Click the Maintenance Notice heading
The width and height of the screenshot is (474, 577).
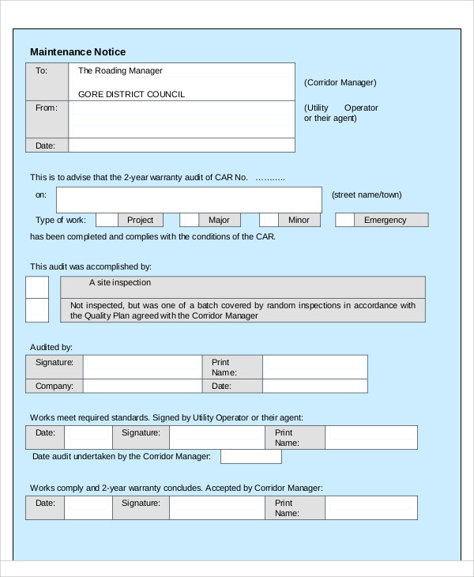[x=77, y=52]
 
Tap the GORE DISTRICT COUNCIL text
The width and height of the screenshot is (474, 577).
[x=131, y=94]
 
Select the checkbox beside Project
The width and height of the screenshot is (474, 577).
[x=107, y=220]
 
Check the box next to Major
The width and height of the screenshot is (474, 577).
[x=189, y=220]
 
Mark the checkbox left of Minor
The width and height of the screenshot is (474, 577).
[x=269, y=220]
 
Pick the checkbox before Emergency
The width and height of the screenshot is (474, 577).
[x=344, y=220]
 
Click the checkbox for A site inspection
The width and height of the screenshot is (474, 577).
[x=37, y=287]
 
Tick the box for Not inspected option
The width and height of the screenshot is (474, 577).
[x=37, y=310]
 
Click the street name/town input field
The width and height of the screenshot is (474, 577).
[x=189, y=199]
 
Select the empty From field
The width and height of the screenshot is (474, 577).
[x=182, y=119]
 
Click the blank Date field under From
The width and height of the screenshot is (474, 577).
[x=182, y=145]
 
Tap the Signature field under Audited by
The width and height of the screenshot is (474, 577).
[x=142, y=367]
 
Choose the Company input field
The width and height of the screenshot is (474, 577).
[x=142, y=387]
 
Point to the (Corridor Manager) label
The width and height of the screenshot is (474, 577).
[x=340, y=82]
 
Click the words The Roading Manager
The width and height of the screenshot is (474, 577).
[x=120, y=70]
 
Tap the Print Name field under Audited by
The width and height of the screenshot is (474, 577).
[x=314, y=367]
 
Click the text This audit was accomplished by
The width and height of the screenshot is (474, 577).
[x=91, y=266]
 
